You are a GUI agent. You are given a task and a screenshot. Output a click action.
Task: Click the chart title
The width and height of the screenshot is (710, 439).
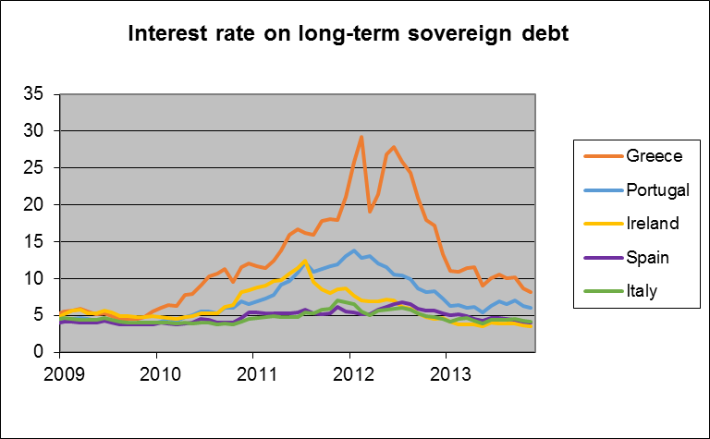tap(348, 35)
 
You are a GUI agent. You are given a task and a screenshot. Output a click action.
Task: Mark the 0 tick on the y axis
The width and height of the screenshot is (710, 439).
tap(38, 352)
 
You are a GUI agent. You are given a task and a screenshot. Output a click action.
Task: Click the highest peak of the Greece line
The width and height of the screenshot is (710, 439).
tap(361, 137)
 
